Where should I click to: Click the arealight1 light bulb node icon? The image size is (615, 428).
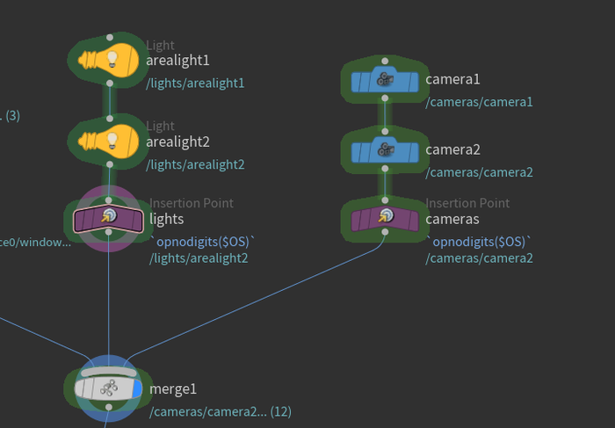pyautogui.click(x=108, y=60)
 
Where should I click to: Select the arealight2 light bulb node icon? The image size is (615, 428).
pyautogui.click(x=108, y=140)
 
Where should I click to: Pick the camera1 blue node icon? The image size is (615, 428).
pyautogui.click(x=384, y=81)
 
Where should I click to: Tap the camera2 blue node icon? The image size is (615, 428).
pyautogui.click(x=384, y=150)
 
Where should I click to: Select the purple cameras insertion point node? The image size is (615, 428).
pyautogui.click(x=384, y=217)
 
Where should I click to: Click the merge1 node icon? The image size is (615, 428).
pyautogui.click(x=106, y=388)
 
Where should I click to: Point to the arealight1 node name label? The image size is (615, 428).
pyautogui.click(x=177, y=61)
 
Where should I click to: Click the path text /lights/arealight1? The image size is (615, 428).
pyautogui.click(x=194, y=83)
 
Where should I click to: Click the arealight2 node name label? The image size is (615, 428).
pyautogui.click(x=177, y=141)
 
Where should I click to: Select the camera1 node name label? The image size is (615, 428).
pyautogui.click(x=452, y=80)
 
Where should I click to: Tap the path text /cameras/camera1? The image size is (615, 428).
pyautogui.click(x=479, y=103)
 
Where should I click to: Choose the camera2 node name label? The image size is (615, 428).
pyautogui.click(x=452, y=150)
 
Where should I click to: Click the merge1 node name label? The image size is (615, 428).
pyautogui.click(x=173, y=389)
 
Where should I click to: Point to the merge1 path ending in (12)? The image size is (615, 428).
pyautogui.click(x=220, y=411)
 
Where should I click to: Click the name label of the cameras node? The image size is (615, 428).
pyautogui.click(x=452, y=219)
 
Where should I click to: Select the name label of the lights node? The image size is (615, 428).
pyautogui.click(x=167, y=219)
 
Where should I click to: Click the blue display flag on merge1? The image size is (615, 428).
pyautogui.click(x=136, y=388)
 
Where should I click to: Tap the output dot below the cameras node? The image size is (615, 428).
pyautogui.click(x=385, y=232)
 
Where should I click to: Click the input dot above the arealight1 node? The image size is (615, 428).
pyautogui.click(x=109, y=38)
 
